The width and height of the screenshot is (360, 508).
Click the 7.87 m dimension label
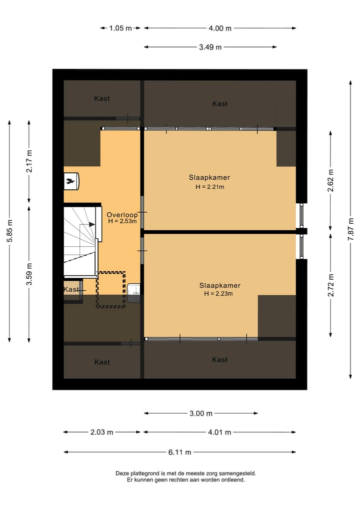350,229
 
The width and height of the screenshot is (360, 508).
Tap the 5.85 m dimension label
9,231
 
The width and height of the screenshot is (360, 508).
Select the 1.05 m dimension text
120,28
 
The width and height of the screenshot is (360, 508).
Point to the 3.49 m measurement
210,47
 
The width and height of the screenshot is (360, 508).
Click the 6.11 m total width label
179,452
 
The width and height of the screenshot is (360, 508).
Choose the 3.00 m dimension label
201,413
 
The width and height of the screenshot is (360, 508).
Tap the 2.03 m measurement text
102,432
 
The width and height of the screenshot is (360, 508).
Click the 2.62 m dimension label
330,180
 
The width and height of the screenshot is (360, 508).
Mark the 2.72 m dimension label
330,285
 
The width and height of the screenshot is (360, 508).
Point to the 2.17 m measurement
29,161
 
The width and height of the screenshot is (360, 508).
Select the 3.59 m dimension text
29,274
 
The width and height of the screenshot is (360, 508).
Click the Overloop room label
122,214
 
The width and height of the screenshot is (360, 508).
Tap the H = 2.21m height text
210,187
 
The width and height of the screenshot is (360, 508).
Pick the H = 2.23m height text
218,294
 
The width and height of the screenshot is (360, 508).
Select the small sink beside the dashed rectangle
133,293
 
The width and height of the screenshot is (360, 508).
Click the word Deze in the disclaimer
122,474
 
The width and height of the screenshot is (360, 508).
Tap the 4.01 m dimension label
219,432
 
